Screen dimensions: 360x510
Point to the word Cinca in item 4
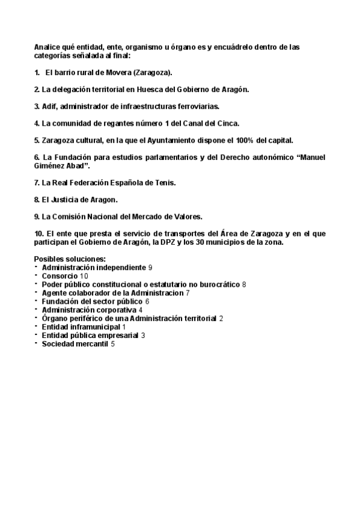[227, 123]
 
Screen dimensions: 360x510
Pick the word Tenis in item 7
[163, 182]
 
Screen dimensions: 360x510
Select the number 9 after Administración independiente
[150, 266]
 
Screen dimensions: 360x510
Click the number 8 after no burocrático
[244, 283]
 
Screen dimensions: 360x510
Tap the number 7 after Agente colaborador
[188, 292]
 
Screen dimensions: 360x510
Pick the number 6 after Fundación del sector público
[147, 301]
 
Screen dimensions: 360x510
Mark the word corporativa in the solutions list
[115, 309]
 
